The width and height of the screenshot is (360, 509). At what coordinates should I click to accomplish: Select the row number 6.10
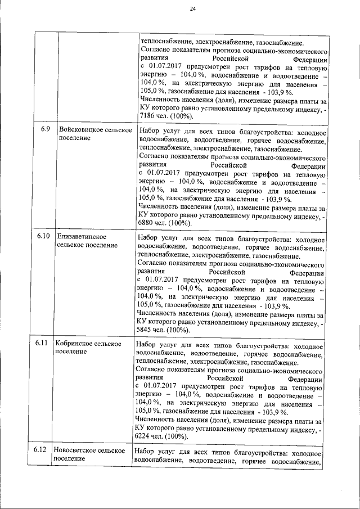coord(44,236)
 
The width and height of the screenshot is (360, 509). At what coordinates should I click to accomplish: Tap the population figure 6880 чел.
coord(152,223)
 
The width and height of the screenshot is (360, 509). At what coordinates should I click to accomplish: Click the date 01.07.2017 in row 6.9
coord(167,174)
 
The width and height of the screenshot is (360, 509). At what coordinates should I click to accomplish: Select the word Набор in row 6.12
coord(146,453)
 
